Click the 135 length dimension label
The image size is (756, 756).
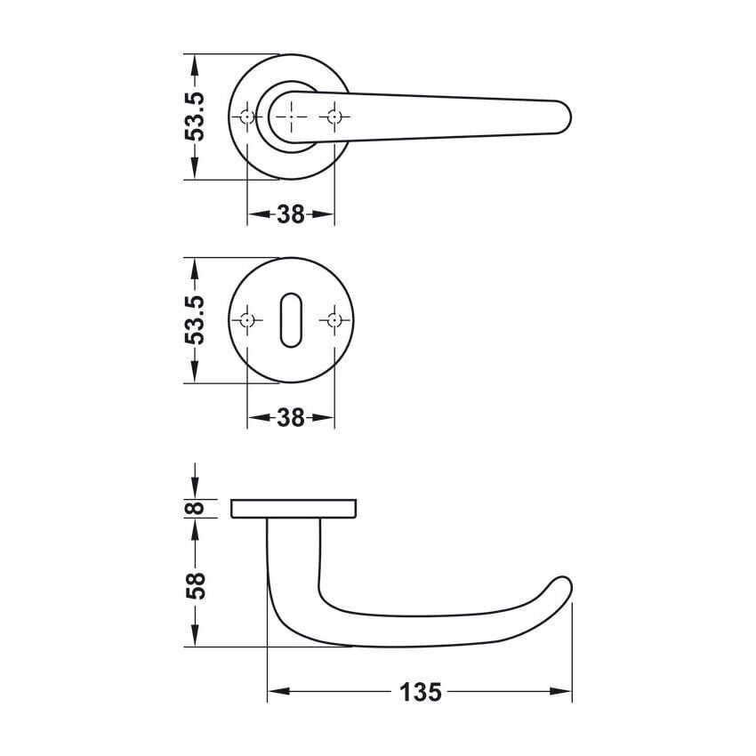421,692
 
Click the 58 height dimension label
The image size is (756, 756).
196,586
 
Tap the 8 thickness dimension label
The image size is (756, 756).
196,508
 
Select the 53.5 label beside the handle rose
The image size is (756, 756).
196,117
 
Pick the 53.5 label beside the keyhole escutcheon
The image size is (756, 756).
196,320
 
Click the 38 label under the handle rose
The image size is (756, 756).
291,214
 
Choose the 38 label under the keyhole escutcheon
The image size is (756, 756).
291,417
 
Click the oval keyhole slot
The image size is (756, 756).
291,319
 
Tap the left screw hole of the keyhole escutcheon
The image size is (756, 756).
247,320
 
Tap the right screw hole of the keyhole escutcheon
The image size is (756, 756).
334,320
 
